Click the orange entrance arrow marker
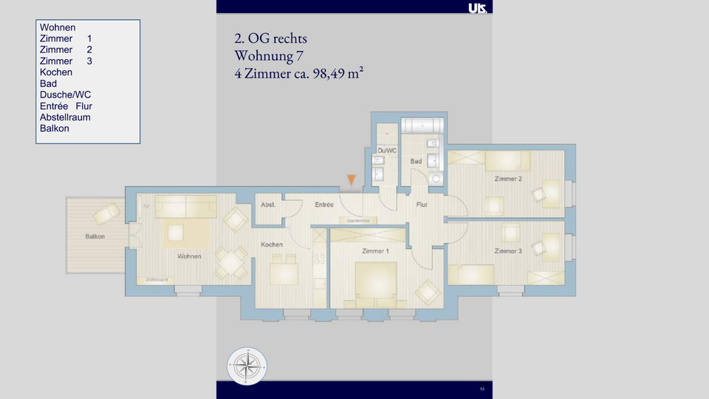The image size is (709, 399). click(x=352, y=180)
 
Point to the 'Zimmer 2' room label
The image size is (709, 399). click(x=508, y=180)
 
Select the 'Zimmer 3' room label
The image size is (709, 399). click(x=508, y=251)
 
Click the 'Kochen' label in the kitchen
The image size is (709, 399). click(x=272, y=245)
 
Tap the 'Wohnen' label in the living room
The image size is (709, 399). click(x=190, y=256)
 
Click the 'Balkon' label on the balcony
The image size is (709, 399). click(x=95, y=236)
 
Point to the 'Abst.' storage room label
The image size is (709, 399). click(x=268, y=205)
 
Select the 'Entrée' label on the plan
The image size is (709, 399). click(x=324, y=205)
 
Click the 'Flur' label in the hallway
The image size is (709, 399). click(x=422, y=205)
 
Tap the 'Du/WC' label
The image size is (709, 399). click(x=387, y=151)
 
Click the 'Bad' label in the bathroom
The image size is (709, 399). click(x=416, y=161)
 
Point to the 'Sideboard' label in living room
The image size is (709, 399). click(x=157, y=280)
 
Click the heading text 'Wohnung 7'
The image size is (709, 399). click(x=268, y=55)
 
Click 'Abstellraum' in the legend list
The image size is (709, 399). click(x=65, y=117)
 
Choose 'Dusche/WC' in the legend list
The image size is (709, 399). click(x=65, y=95)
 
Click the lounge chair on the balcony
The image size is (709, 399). click(x=105, y=214)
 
